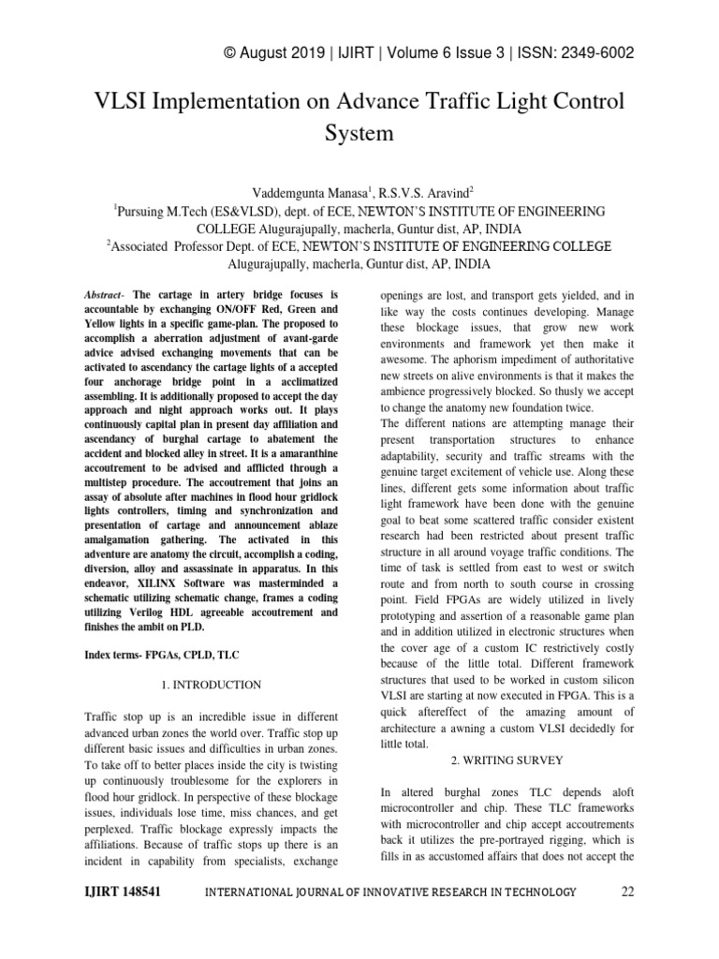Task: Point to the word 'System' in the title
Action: point(359,133)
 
